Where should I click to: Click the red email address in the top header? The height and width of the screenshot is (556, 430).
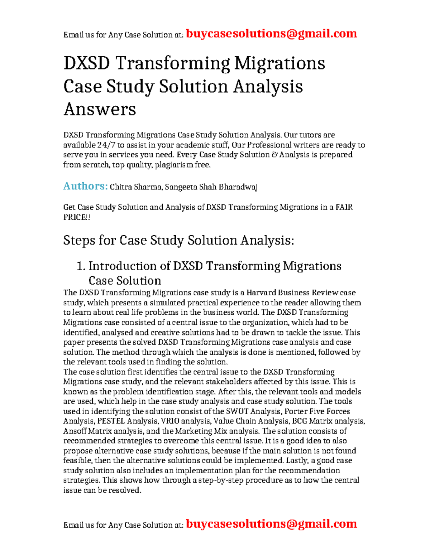[x=271, y=34]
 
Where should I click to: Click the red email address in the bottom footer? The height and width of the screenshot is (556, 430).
[x=271, y=524]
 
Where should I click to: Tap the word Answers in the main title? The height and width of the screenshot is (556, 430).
[x=100, y=109]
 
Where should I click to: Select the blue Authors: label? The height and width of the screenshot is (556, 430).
[x=85, y=186]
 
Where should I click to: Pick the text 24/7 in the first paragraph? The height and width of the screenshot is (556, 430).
[x=106, y=145]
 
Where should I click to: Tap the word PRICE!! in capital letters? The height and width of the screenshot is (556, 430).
[x=76, y=217]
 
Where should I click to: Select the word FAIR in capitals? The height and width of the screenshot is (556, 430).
[x=344, y=207]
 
